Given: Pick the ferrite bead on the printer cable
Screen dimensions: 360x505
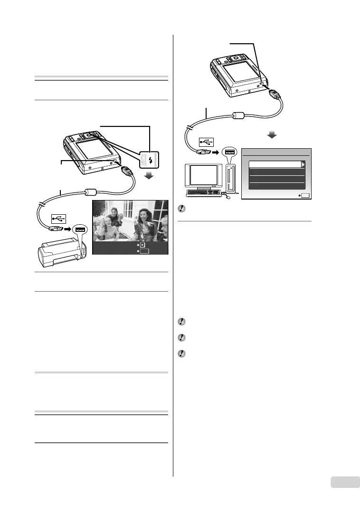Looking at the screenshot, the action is coord(91,192).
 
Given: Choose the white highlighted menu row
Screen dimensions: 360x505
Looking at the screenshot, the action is coord(276,164).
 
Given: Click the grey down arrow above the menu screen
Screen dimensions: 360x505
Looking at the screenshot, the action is coord(272,135).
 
